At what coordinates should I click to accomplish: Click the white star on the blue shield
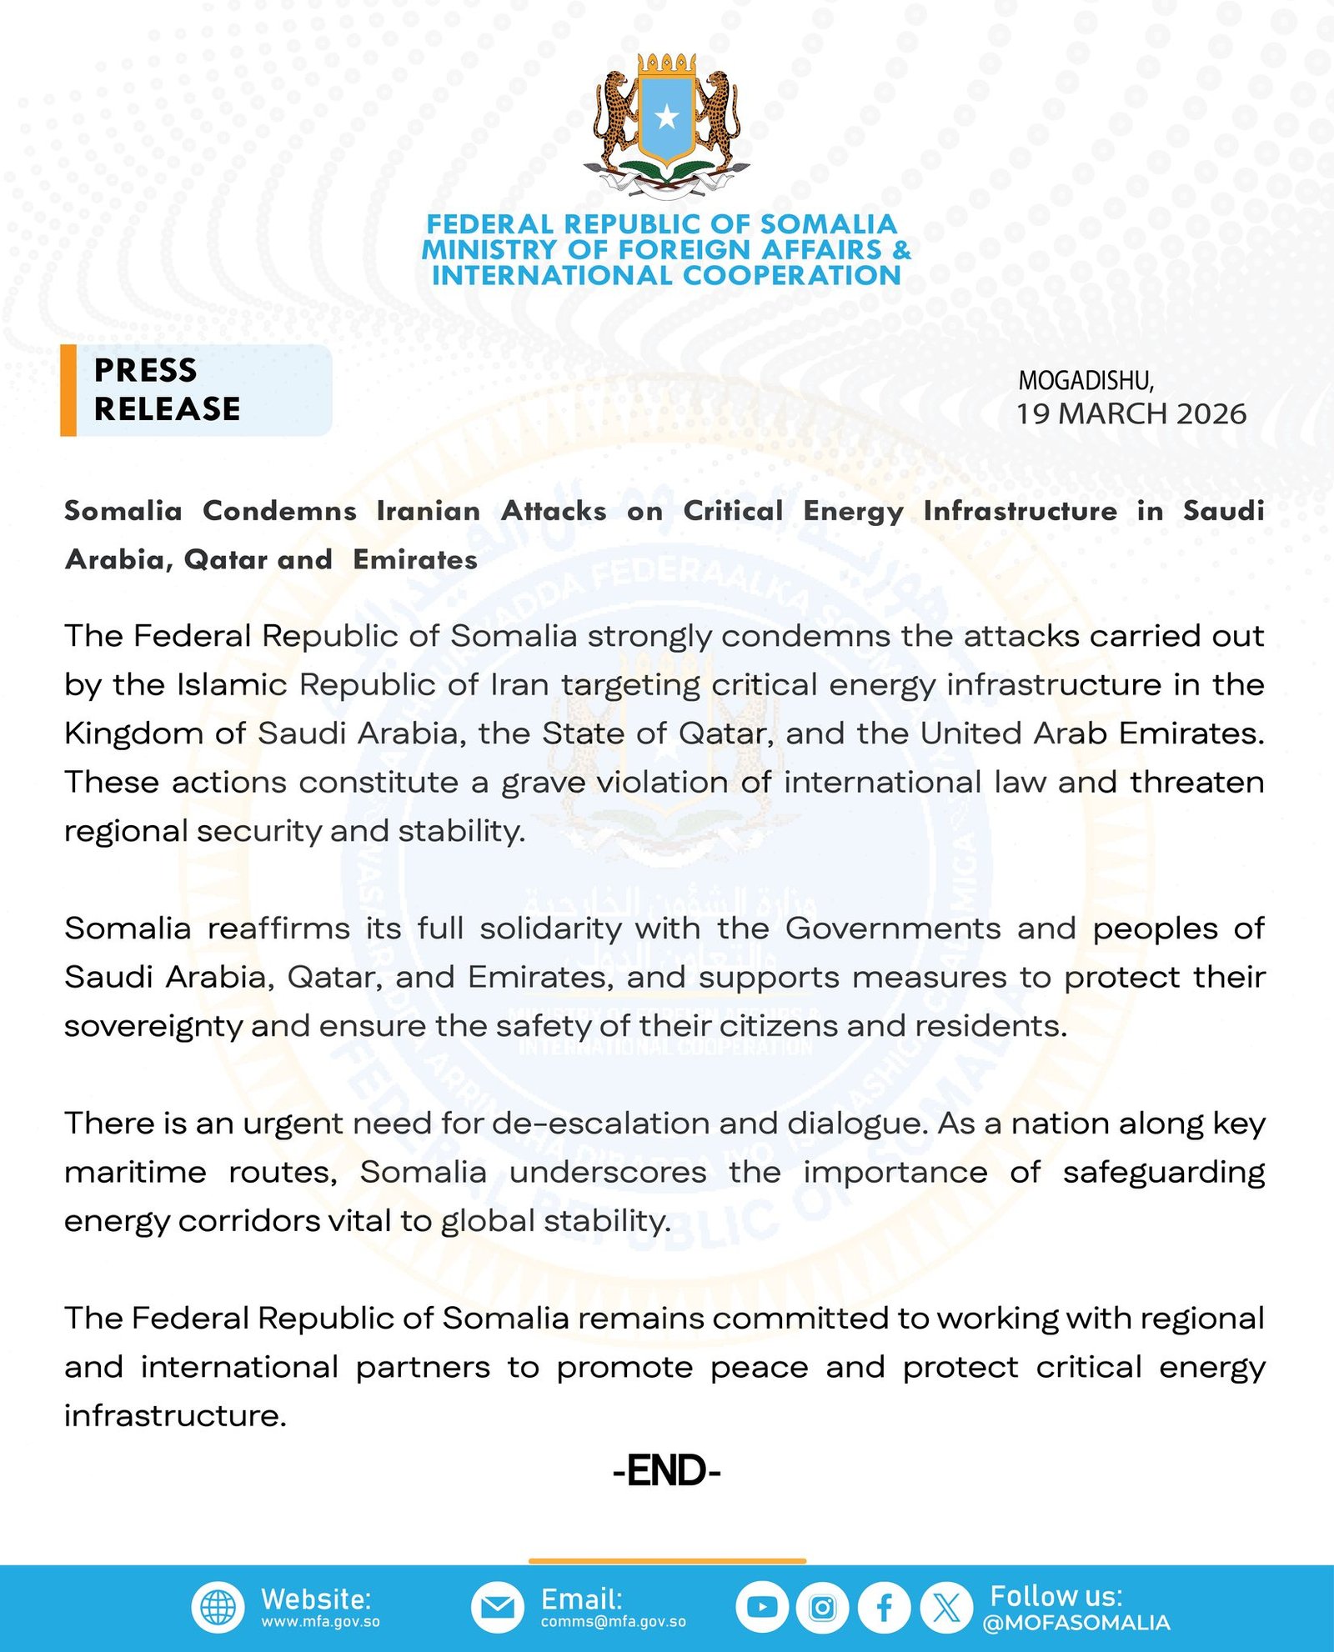click(666, 117)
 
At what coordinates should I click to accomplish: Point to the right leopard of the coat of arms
click(718, 117)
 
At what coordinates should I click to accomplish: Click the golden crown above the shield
click(666, 64)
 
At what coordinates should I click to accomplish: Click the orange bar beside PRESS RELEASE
click(68, 390)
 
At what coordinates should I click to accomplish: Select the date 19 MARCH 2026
click(1131, 413)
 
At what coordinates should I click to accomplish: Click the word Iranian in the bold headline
click(428, 511)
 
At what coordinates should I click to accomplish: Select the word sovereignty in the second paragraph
click(153, 1026)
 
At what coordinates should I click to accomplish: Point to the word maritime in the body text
click(135, 1172)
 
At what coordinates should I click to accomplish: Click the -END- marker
click(666, 1471)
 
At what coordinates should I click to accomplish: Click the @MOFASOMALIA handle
click(1076, 1623)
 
